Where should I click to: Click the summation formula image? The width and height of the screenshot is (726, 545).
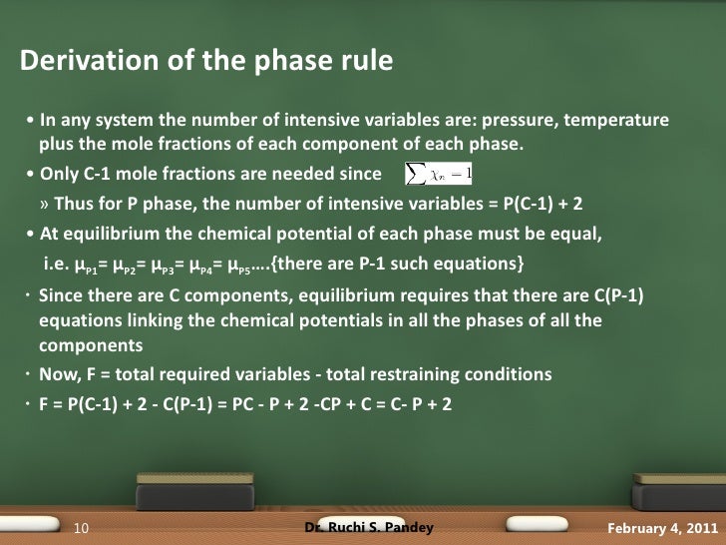tap(439, 175)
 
